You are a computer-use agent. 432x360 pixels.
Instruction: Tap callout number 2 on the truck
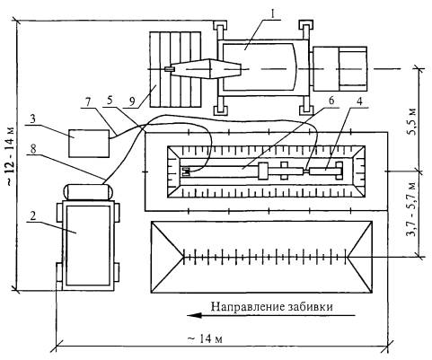pyautogui.click(x=33, y=216)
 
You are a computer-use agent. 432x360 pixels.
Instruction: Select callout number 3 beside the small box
pyautogui.click(x=32, y=119)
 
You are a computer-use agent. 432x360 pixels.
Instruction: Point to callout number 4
pyautogui.click(x=359, y=101)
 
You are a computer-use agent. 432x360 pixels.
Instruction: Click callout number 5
pyautogui.click(x=110, y=101)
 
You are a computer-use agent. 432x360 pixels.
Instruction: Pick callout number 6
pyautogui.click(x=331, y=101)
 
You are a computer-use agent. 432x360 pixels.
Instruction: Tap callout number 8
pyautogui.click(x=33, y=149)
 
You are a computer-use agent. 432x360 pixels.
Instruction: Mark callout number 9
pyautogui.click(x=131, y=101)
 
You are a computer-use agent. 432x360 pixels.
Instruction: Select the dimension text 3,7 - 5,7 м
pyautogui.click(x=412, y=209)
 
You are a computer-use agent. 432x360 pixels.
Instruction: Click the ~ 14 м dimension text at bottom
pyautogui.click(x=206, y=338)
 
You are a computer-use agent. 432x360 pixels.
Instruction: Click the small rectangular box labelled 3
pyautogui.click(x=89, y=144)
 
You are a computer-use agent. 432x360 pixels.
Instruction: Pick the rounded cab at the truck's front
pyautogui.click(x=88, y=192)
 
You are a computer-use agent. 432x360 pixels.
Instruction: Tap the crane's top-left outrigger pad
pyautogui.click(x=220, y=26)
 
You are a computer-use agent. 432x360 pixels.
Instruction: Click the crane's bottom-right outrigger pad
pyautogui.click(x=305, y=110)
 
